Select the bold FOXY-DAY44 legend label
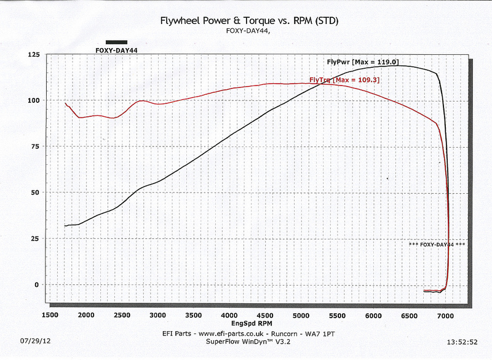[x=116, y=50]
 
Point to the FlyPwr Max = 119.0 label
[x=363, y=62]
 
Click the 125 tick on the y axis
[x=33, y=55]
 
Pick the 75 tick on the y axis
[x=35, y=146]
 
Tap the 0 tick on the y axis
[x=38, y=284]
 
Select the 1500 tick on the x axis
[x=50, y=315]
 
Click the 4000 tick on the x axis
[x=230, y=315]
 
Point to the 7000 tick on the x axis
[x=445, y=315]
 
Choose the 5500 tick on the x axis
[x=338, y=315]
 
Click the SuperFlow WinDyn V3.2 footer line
[x=248, y=340]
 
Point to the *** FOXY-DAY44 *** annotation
[x=437, y=244]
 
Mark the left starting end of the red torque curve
[x=65, y=103]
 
